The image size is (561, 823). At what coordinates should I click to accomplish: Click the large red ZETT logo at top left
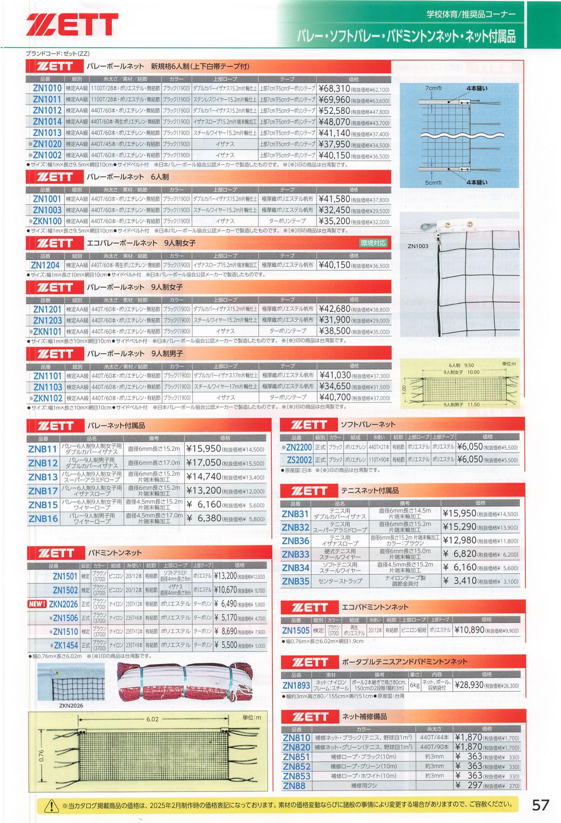[x=72, y=24]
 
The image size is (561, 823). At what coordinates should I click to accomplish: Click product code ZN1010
[x=47, y=88]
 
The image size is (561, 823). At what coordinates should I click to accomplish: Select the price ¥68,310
[x=334, y=88]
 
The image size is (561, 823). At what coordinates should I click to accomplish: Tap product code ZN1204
[x=46, y=265]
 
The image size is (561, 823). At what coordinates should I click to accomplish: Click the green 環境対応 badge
[x=374, y=243]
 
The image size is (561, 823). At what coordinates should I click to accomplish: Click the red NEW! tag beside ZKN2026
[x=37, y=604]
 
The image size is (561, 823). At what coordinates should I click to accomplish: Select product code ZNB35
[x=296, y=581]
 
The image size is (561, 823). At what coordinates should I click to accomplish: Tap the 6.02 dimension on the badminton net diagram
[x=152, y=719]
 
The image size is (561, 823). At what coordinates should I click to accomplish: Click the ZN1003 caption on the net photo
[x=418, y=246]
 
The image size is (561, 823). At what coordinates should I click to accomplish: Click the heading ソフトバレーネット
[x=368, y=425]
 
